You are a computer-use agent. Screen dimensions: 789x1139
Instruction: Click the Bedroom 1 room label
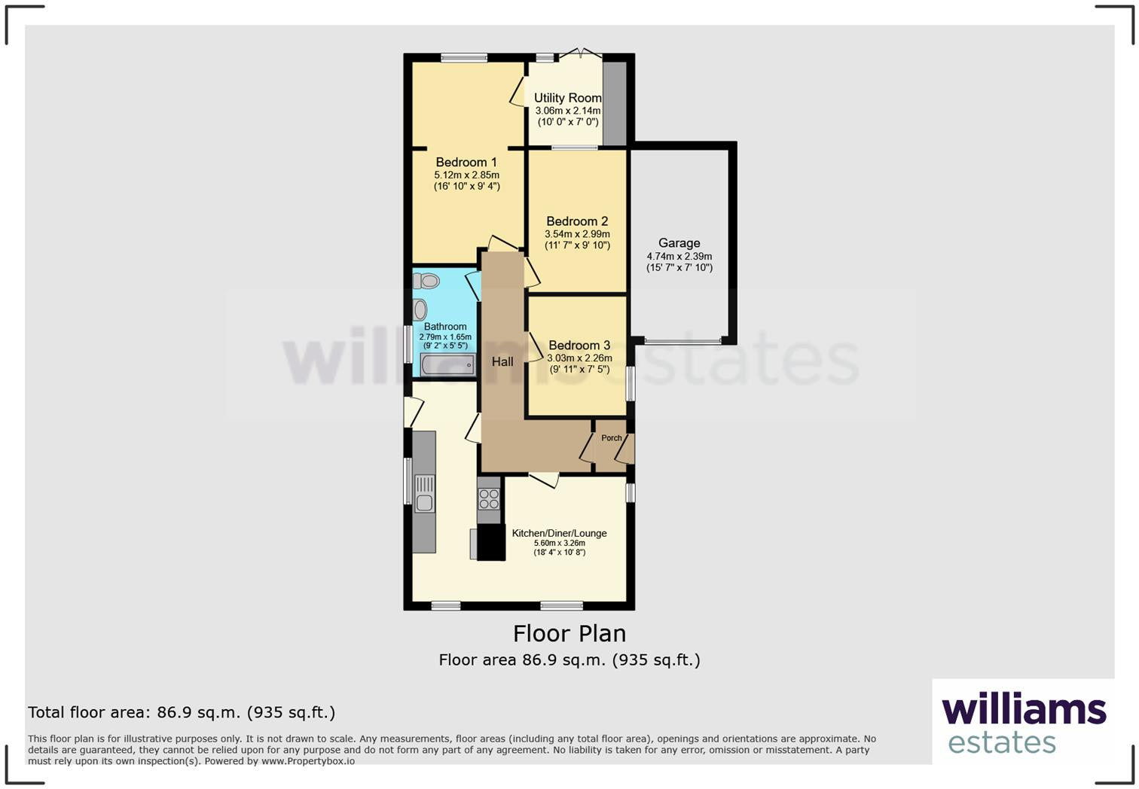click(466, 163)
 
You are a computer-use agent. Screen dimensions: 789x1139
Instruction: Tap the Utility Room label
click(568, 98)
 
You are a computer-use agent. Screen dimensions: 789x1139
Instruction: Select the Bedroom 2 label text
click(577, 221)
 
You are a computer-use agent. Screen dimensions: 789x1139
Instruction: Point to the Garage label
click(679, 243)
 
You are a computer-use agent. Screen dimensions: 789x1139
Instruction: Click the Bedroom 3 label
click(579, 346)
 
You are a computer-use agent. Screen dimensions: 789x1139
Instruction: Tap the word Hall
click(502, 362)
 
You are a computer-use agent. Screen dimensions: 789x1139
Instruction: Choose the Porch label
click(612, 438)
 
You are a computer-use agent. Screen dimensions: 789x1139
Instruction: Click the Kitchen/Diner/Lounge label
click(559, 533)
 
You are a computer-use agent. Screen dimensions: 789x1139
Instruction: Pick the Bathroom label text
click(445, 327)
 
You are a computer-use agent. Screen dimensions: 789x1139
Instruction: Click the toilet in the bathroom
click(426, 282)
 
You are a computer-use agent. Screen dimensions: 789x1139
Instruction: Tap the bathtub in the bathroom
click(447, 366)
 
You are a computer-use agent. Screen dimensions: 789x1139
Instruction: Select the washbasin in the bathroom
click(420, 309)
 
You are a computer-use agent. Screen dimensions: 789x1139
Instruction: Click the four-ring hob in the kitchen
click(489, 499)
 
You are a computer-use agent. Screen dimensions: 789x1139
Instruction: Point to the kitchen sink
click(425, 494)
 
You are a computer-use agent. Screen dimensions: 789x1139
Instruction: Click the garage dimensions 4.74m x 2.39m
click(679, 257)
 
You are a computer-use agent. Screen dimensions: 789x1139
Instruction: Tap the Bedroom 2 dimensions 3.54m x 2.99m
click(577, 234)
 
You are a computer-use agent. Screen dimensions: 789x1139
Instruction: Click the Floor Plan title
click(569, 634)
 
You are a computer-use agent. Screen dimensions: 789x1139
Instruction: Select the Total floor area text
click(182, 712)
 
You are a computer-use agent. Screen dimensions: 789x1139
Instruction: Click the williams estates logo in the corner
click(1023, 722)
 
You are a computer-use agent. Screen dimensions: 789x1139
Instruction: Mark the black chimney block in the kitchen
click(490, 542)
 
